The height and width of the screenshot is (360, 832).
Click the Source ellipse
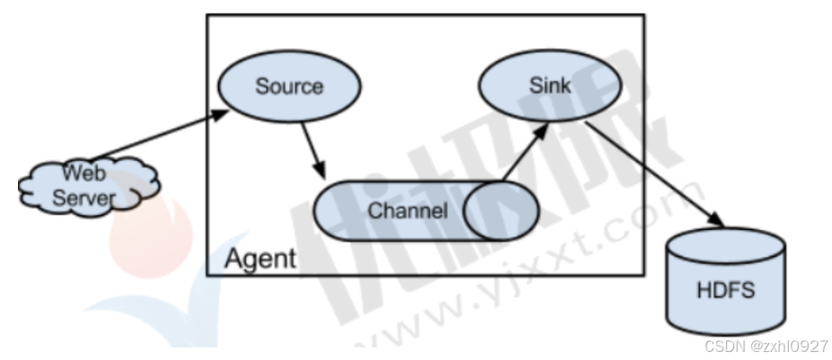(x=289, y=87)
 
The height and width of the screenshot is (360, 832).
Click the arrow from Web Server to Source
(x=153, y=136)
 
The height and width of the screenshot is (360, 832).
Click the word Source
(x=289, y=87)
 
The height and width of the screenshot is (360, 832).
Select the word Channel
(x=407, y=212)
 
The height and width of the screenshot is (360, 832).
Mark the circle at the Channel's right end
(x=502, y=212)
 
